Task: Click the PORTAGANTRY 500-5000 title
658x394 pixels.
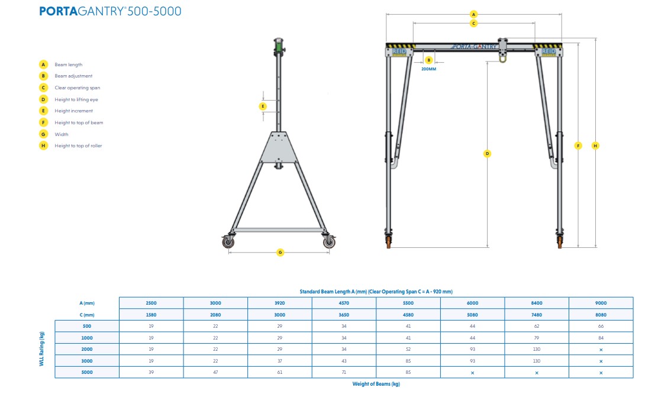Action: click(110, 11)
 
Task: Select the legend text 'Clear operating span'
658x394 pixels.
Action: click(78, 88)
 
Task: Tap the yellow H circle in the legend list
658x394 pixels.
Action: click(43, 146)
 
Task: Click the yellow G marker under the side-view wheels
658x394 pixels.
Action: click(280, 253)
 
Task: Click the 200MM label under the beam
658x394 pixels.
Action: click(428, 69)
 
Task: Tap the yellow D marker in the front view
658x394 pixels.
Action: click(487, 153)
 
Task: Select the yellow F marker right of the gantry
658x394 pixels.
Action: click(578, 145)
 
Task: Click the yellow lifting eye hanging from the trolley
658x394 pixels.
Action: click(503, 57)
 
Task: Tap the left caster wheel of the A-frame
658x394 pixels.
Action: click(229, 242)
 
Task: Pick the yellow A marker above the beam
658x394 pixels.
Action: click(473, 14)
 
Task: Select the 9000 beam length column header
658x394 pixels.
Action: click(601, 303)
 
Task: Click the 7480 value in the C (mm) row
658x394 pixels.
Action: click(537, 315)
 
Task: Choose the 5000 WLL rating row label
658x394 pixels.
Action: click(87, 373)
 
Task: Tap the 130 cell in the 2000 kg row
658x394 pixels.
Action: click(537, 350)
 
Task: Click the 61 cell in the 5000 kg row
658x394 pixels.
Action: click(280, 373)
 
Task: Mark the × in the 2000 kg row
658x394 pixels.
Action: click(601, 350)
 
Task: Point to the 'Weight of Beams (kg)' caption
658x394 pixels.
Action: click(376, 385)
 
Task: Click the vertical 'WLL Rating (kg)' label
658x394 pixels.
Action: click(42, 349)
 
